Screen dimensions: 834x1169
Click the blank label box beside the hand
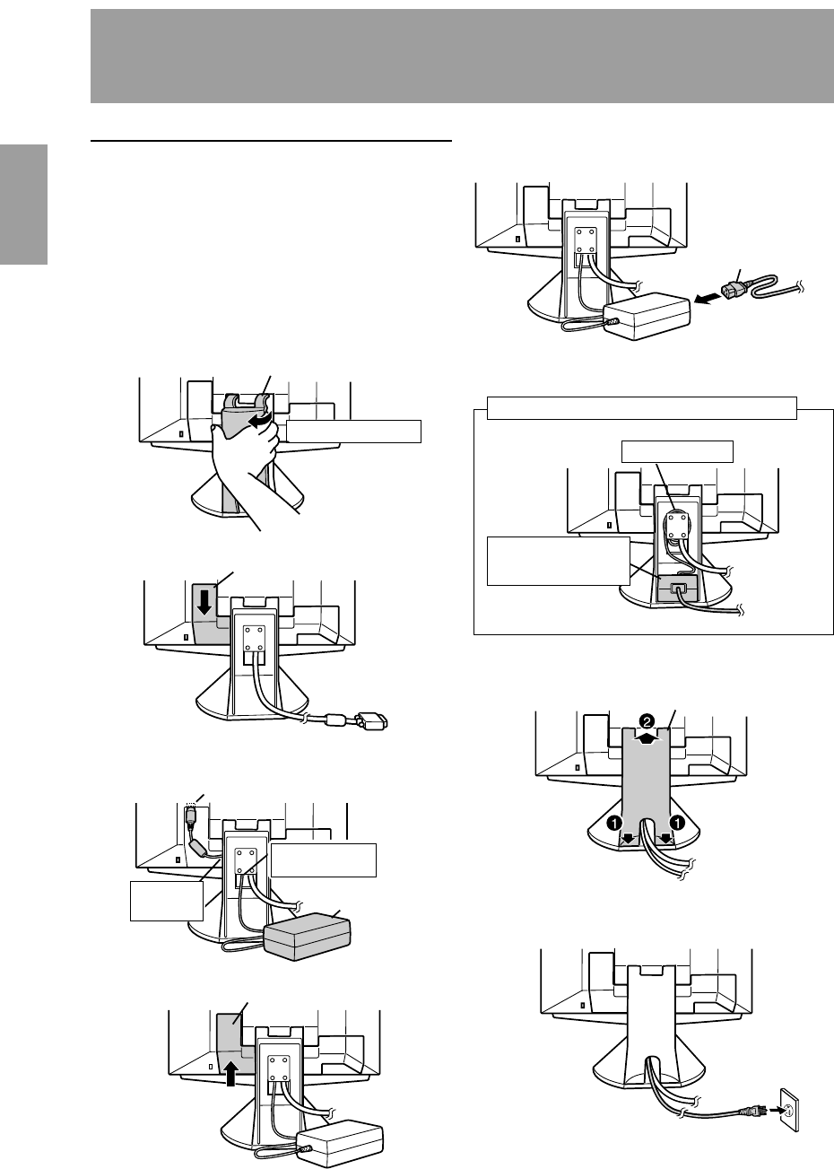[354, 431]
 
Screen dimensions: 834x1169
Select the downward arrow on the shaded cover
[205, 600]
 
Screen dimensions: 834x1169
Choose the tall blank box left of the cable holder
[556, 561]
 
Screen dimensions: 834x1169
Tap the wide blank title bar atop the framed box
[642, 406]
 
